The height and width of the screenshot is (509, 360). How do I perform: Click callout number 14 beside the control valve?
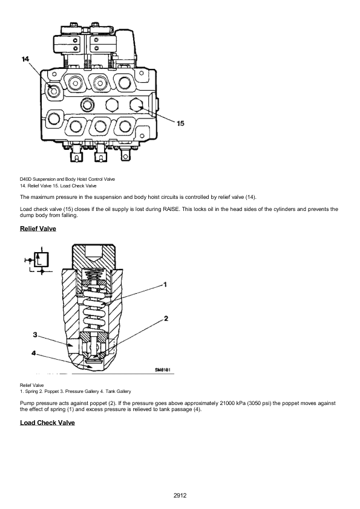pos(25,59)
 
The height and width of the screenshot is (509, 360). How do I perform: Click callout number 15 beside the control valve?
pos(180,123)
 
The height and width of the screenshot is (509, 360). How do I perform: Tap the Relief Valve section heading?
pos(38,229)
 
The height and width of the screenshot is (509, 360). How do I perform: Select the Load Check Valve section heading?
pos(47,422)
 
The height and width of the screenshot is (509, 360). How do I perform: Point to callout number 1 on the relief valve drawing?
pos(165,283)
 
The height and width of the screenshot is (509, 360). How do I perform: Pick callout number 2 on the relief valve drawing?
pos(166,317)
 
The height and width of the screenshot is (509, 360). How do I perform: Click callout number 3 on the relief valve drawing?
pos(36,334)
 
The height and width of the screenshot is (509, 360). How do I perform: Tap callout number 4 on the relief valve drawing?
pos(34,352)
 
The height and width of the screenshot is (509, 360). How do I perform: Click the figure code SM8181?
pos(163,370)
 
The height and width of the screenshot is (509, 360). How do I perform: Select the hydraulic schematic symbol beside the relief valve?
pos(39,261)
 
